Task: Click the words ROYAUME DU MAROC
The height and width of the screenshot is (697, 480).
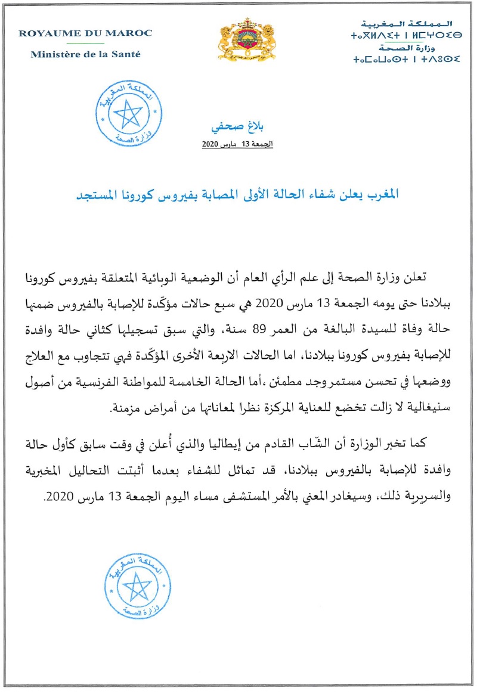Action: (85, 33)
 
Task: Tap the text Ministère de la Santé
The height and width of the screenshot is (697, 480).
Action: (85, 54)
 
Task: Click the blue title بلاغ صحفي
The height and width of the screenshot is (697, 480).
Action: (237, 127)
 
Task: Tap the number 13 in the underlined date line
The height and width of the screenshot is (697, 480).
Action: (244, 145)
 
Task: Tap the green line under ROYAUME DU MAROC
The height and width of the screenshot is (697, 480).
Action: (85, 44)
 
